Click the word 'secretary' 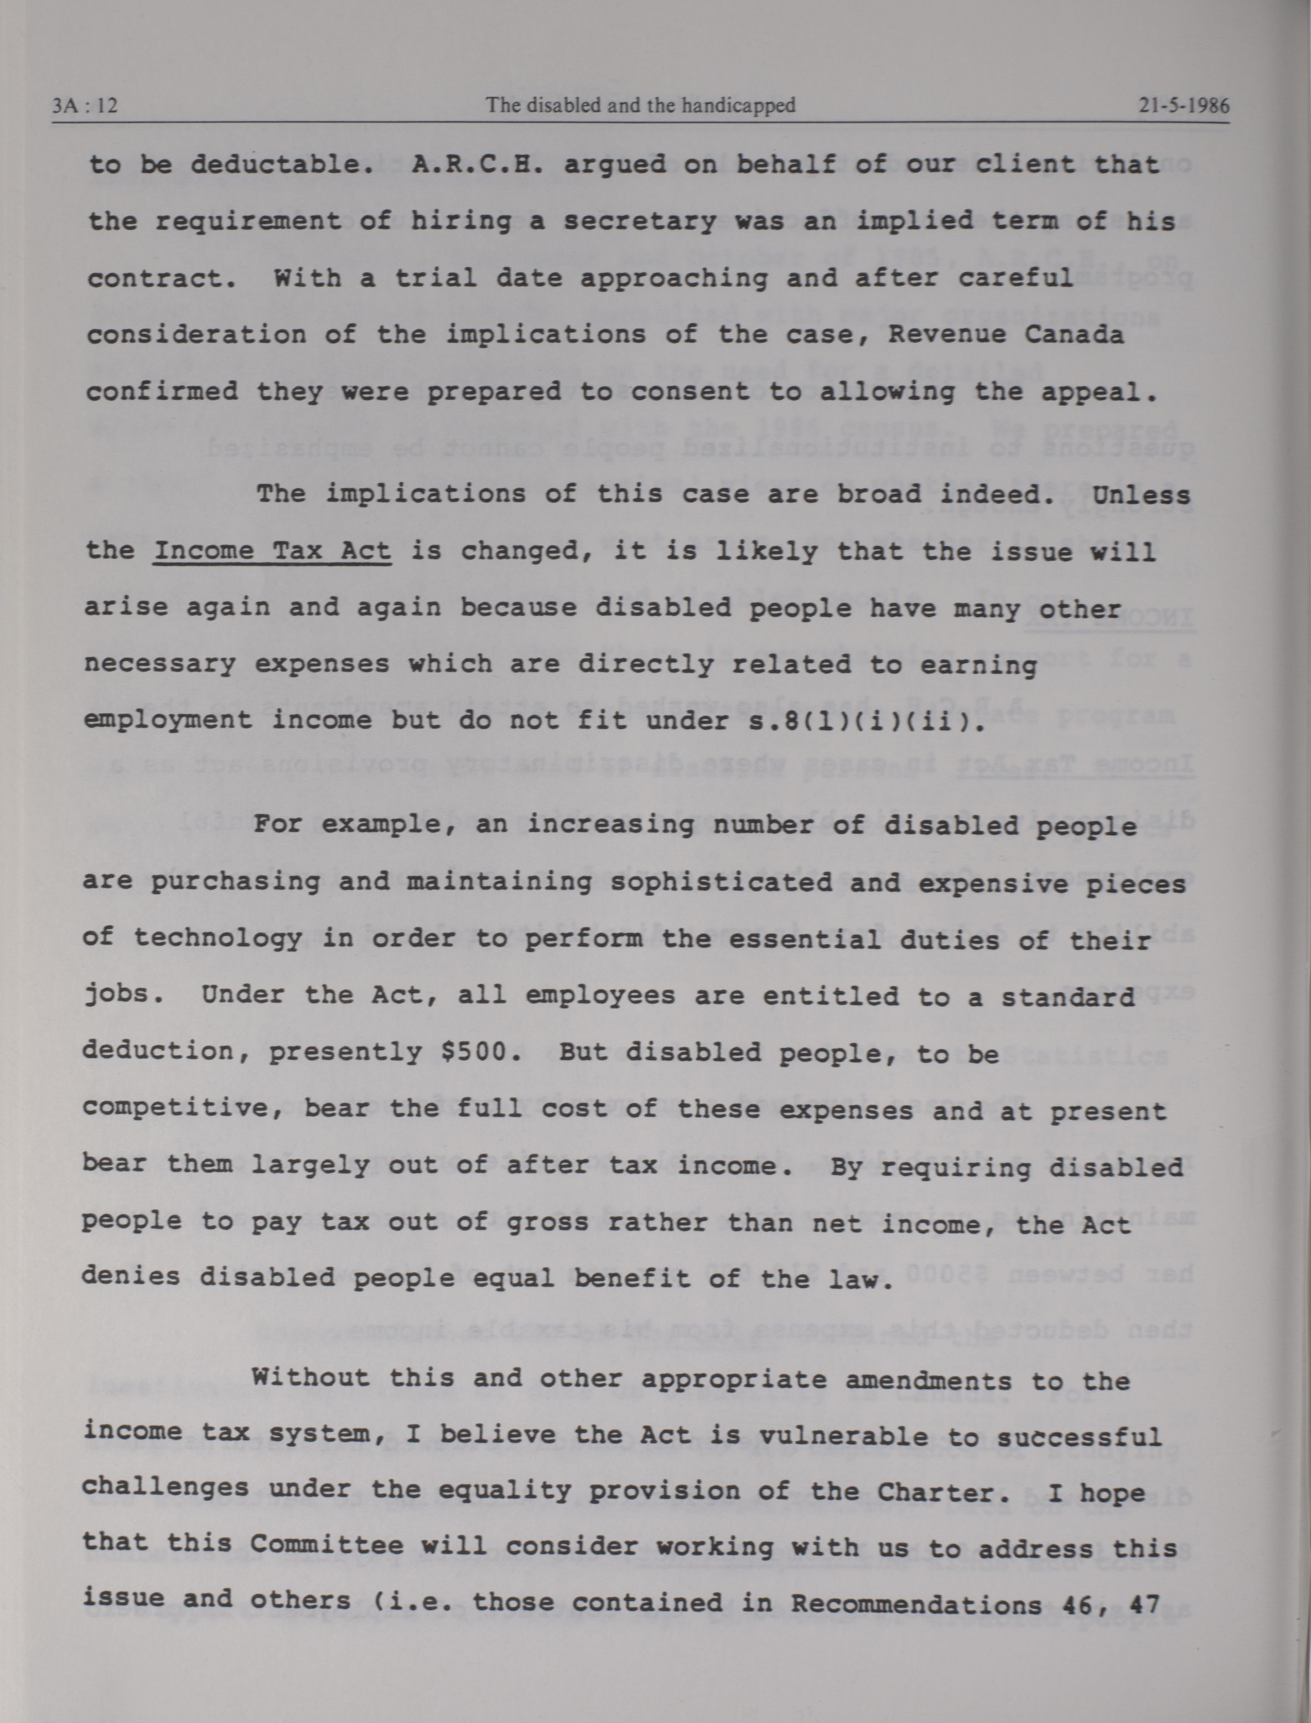[x=639, y=221]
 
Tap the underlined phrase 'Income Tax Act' [x=272, y=552]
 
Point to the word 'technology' [x=217, y=938]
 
